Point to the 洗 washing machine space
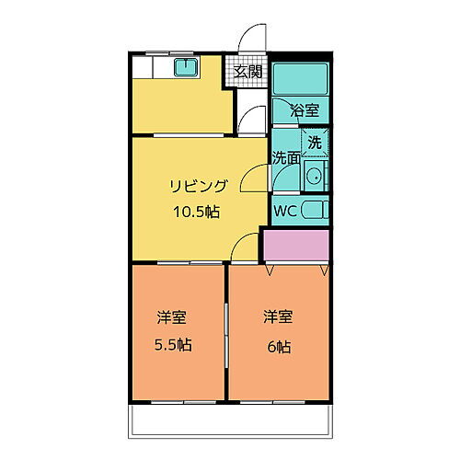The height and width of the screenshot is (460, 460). click(315, 143)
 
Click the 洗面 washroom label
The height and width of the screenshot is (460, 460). click(286, 157)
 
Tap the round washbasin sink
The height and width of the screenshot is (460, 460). click(313, 178)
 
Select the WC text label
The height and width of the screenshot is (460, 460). click(285, 211)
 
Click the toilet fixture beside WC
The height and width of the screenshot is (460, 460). click(314, 211)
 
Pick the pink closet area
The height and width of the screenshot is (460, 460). click(296, 245)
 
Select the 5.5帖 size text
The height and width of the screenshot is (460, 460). click(172, 346)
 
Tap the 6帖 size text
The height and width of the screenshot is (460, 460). click(280, 346)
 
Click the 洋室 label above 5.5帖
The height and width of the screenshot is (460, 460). click(171, 317)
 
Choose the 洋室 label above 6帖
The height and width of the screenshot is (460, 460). click(278, 317)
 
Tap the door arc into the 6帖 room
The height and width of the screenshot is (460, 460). click(244, 248)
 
